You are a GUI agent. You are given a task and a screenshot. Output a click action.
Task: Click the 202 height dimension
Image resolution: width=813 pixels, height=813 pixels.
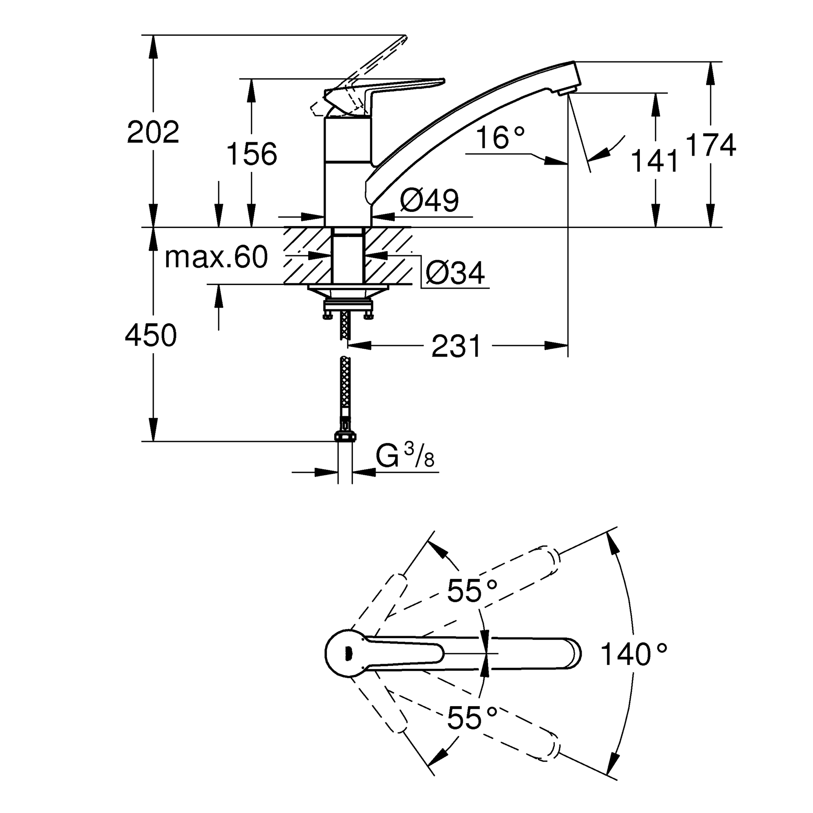click(x=153, y=132)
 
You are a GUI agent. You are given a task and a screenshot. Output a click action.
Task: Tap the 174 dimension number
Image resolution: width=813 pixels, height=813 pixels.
click(x=711, y=145)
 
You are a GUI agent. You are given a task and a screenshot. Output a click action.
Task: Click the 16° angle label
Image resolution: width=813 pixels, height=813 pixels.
click(x=501, y=138)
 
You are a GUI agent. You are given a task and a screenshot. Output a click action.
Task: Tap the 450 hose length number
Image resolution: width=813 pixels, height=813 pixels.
click(x=151, y=336)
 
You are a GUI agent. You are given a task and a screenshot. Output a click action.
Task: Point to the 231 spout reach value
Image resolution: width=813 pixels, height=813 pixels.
click(x=456, y=346)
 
